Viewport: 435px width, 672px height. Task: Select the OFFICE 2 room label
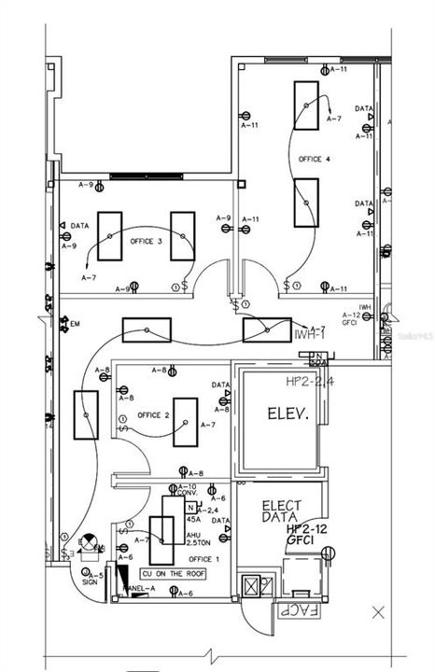(x=152, y=415)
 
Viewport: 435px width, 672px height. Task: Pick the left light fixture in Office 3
(x=109, y=236)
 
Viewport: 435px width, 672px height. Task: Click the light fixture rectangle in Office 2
(x=185, y=422)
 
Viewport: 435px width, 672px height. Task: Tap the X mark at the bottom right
(x=378, y=612)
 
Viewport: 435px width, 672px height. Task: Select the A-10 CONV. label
(x=186, y=491)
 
